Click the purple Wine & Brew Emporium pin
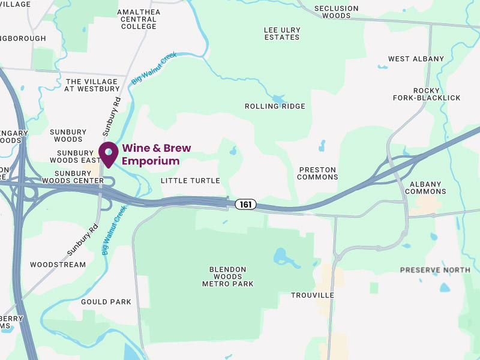click(108, 153)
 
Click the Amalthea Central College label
click(137, 19)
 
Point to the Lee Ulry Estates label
click(282, 34)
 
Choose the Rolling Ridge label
click(275, 106)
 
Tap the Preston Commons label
click(318, 173)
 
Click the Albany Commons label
click(425, 188)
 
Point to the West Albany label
click(416, 59)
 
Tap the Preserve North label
click(435, 270)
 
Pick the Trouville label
click(312, 295)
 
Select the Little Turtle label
click(190, 181)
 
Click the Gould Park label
click(106, 302)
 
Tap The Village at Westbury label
click(88, 85)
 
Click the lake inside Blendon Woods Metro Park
click(281, 257)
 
